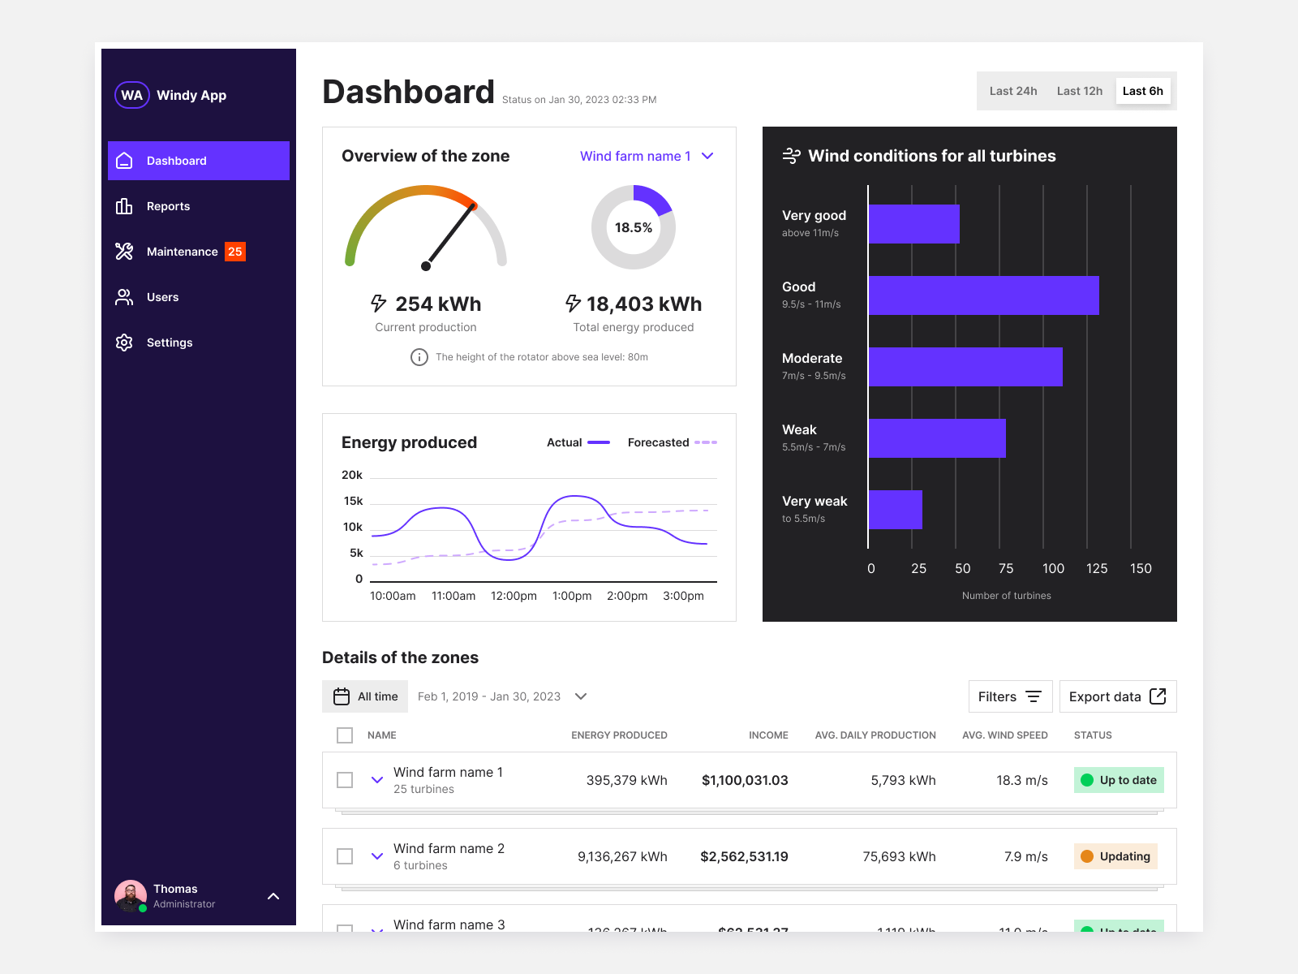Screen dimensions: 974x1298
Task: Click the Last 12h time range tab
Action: pos(1079,91)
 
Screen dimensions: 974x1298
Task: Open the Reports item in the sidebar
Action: pos(168,206)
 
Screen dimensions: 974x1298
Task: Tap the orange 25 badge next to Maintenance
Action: pos(235,252)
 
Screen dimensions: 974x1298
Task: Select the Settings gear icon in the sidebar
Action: pos(124,343)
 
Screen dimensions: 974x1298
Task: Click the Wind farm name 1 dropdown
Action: pos(647,156)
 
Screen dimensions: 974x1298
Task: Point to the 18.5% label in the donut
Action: pos(634,227)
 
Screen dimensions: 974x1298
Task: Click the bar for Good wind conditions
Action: pos(983,295)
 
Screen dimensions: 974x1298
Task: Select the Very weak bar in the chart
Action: pos(896,510)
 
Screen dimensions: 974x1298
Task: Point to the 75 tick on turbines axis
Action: pos(1006,568)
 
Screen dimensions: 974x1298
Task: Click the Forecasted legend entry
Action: pos(672,442)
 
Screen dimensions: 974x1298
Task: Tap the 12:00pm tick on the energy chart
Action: pos(514,596)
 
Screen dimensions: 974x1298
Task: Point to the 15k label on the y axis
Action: pos(353,501)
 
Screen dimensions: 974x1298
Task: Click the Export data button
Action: pos(1117,696)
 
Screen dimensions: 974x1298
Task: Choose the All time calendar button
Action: pos(365,696)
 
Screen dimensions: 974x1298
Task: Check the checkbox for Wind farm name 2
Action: pos(345,856)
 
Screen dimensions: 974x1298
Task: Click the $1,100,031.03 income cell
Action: pos(745,780)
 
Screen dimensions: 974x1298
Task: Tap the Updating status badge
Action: pos(1115,856)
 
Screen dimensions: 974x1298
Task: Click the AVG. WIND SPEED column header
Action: pos(1004,735)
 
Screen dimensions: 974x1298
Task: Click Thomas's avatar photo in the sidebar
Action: pos(131,896)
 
